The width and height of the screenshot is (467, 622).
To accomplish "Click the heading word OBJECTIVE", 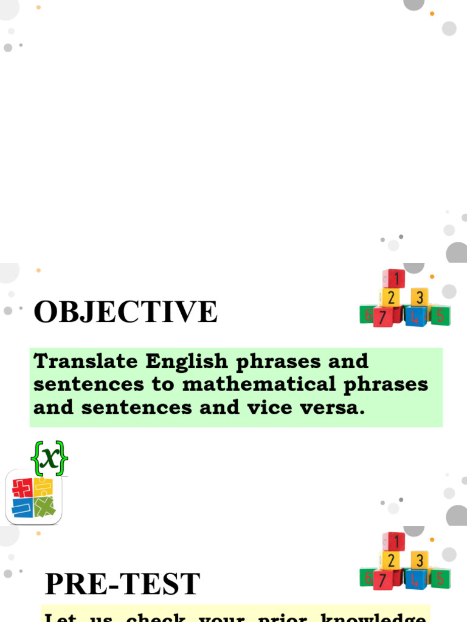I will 125,312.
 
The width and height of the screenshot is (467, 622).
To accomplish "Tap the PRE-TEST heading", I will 122,584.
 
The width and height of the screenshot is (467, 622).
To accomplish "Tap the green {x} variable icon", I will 49,458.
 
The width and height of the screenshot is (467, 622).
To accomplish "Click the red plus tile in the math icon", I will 22,488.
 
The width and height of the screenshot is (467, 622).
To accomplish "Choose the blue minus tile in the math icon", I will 22,508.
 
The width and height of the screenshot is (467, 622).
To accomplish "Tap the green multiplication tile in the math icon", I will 44,507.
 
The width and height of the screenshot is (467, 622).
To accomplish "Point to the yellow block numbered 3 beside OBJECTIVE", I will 418,298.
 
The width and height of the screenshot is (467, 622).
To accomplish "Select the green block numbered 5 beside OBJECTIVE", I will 440,315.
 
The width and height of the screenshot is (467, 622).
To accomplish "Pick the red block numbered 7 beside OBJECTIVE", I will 382,316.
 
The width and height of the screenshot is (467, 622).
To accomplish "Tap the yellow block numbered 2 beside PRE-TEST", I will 391,560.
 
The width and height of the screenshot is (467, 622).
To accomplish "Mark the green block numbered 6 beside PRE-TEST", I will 367,577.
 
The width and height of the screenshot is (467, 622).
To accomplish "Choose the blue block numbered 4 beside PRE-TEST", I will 416,579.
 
